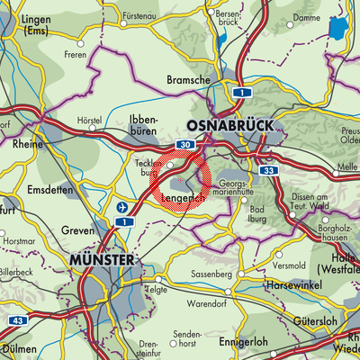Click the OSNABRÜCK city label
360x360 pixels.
(x=226, y=124)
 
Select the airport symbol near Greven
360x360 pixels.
(x=122, y=208)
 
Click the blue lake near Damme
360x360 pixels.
(x=337, y=31)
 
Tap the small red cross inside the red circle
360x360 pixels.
(x=181, y=181)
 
